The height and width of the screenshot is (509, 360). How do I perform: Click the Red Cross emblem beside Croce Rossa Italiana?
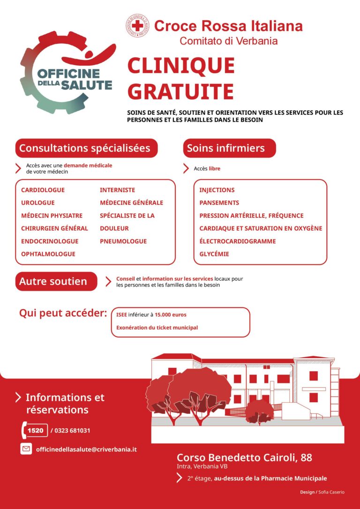pyautogui.click(x=137, y=26)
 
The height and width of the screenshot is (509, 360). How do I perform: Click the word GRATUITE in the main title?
pyautogui.click(x=180, y=91)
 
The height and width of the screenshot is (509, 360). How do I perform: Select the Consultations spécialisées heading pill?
pyautogui.click(x=86, y=148)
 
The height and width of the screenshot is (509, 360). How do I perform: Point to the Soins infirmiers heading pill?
pyautogui.click(x=229, y=148)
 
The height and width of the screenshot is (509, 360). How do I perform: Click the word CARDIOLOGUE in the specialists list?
pyautogui.click(x=43, y=190)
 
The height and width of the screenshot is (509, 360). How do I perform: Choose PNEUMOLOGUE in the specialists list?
pyautogui.click(x=123, y=241)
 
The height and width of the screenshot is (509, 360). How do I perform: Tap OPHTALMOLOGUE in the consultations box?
pyautogui.click(x=48, y=254)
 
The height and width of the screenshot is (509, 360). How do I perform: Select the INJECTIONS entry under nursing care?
pyautogui.click(x=217, y=190)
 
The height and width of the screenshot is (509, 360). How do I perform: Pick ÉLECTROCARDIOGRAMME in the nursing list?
pyautogui.click(x=237, y=241)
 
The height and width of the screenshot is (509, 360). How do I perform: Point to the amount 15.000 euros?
pyautogui.click(x=171, y=314)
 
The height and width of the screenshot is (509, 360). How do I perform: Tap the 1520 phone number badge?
pyautogui.click(x=35, y=430)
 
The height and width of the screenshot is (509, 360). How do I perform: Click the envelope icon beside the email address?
pyautogui.click(x=26, y=449)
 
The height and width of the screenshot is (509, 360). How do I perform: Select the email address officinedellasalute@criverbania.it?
pyautogui.click(x=86, y=449)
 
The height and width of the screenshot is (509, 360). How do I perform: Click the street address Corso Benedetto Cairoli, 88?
pyautogui.click(x=244, y=457)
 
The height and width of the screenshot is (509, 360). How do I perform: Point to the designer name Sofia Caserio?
pyautogui.click(x=331, y=492)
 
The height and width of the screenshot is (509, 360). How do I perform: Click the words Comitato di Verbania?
pyautogui.click(x=229, y=41)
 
